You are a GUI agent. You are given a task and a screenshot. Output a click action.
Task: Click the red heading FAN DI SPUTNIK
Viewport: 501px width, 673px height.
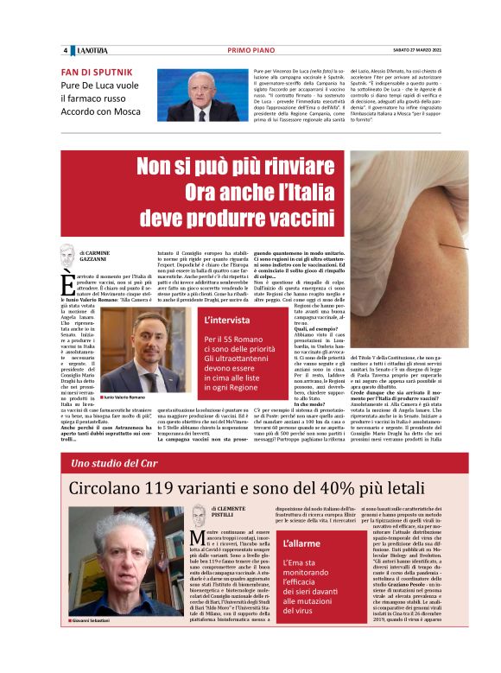click(97, 72)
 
